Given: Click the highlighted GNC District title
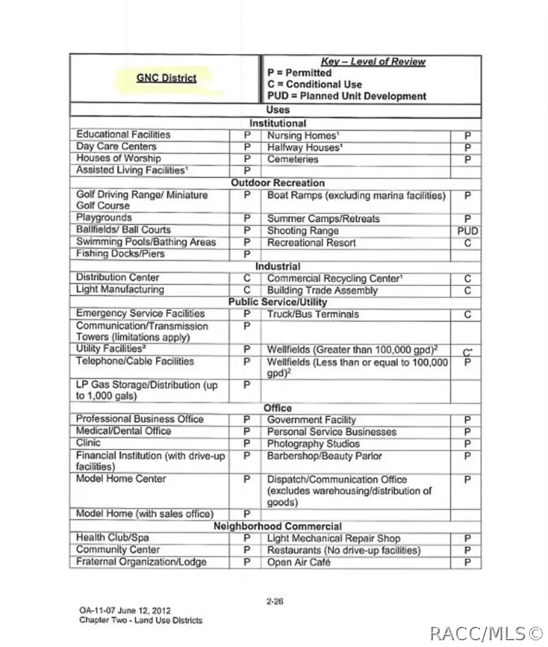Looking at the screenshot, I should (166, 78).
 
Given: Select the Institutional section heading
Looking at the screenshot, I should (278, 123).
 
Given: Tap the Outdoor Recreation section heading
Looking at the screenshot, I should (278, 183).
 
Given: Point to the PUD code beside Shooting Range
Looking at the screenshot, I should (467, 230).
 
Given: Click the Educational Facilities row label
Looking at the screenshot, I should (123, 134).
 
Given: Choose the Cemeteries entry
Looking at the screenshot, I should (292, 159).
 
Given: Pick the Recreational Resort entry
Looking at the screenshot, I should (311, 243).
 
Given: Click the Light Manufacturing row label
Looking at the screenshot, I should (120, 290).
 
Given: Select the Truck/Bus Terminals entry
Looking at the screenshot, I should (313, 314).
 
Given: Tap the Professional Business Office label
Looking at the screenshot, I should (139, 419).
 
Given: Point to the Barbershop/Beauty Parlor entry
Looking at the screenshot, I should (324, 456).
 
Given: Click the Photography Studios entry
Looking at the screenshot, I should (313, 444).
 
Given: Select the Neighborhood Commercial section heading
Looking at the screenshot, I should (278, 526).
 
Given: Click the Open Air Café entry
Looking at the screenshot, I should (299, 562).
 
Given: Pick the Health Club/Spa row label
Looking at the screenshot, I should (112, 537).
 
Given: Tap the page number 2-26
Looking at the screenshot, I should (274, 601).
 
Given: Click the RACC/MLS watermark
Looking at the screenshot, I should (486, 633).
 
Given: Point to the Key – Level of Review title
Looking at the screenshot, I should (373, 62).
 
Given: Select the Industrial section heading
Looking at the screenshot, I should (278, 266).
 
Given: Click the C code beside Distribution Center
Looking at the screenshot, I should (247, 277).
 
